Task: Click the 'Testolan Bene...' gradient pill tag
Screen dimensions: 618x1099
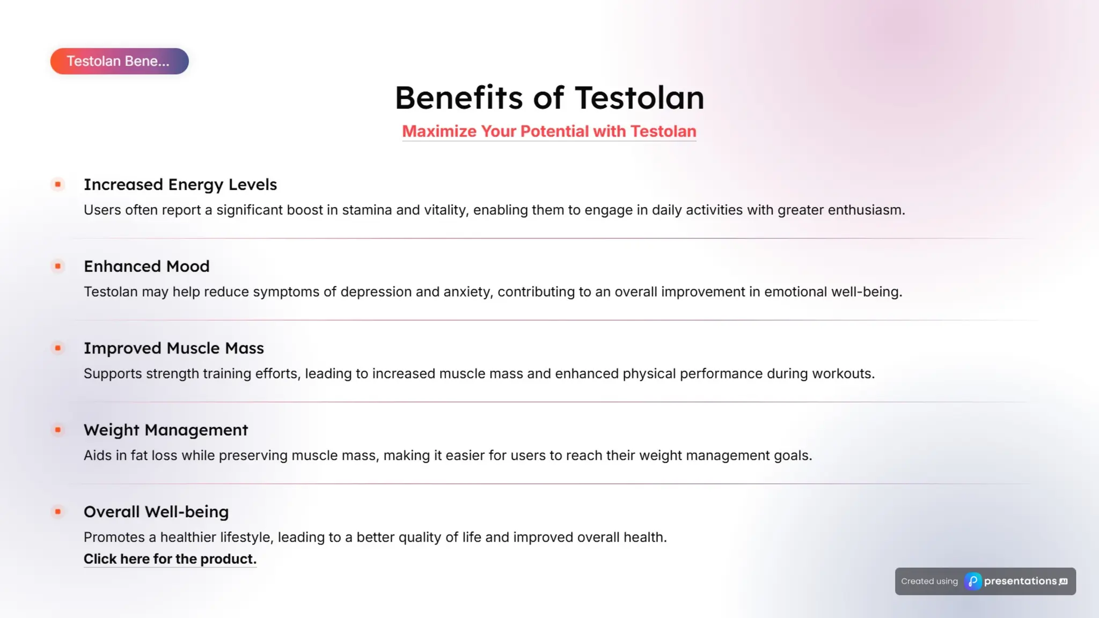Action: click(x=119, y=61)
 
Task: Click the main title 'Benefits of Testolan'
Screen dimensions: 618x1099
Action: click(x=549, y=98)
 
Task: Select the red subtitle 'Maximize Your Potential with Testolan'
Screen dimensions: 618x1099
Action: click(x=549, y=131)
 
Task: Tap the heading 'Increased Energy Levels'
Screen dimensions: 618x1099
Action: click(x=180, y=185)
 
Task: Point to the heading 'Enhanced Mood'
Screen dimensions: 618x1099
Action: click(x=146, y=266)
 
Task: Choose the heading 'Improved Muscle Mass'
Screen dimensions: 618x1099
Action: click(x=174, y=348)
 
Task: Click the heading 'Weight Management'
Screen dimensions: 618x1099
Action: click(x=166, y=430)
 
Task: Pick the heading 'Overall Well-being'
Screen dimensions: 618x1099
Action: click(x=156, y=512)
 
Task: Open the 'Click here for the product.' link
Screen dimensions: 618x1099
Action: click(x=170, y=559)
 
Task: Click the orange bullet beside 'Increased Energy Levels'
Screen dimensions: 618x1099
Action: click(x=58, y=185)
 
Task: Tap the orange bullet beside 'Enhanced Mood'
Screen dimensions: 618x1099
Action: click(x=58, y=266)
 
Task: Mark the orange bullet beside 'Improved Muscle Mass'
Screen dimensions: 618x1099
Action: click(x=58, y=348)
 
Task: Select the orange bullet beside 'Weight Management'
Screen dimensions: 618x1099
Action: click(x=58, y=430)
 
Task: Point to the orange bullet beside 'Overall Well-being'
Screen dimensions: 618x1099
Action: click(x=58, y=512)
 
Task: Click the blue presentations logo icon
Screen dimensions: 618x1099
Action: click(x=973, y=581)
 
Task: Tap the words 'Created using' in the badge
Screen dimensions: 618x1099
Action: click(x=929, y=581)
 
